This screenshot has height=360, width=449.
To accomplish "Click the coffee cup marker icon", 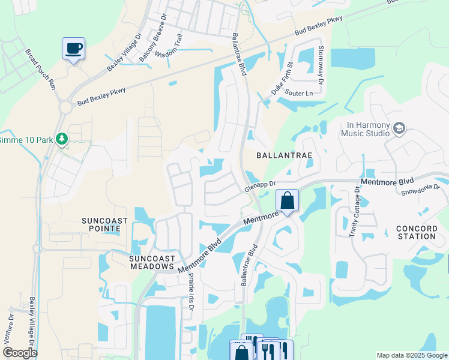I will click(73, 48).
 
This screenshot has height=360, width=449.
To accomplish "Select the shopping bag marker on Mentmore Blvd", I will click(288, 200).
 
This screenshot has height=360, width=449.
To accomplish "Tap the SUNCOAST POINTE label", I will click(105, 225).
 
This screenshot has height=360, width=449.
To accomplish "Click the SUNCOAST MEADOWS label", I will click(152, 262).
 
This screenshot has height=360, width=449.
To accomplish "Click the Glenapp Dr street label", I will click(260, 188).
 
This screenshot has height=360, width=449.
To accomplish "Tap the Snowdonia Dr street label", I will click(420, 190).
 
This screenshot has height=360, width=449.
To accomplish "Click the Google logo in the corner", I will click(20, 353).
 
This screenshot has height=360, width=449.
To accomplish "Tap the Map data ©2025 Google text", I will click(411, 355).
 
